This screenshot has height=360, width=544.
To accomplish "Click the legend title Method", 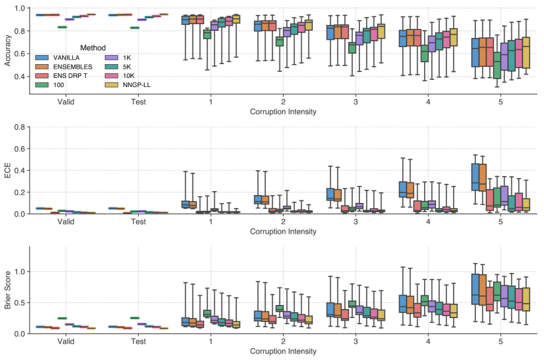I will tap(93, 47).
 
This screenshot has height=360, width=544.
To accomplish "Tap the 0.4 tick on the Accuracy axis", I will tap(19, 77).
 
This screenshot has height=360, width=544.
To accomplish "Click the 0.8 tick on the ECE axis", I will tap(19, 127).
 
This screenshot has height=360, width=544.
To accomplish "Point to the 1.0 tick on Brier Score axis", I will tap(19, 271).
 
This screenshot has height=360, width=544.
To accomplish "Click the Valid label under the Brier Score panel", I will tap(65, 342).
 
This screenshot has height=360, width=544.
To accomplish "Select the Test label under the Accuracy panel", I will tap(138, 103).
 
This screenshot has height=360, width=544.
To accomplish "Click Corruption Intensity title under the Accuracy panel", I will tap(283, 112).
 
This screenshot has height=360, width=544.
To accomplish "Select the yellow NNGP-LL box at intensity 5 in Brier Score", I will tap(525, 299).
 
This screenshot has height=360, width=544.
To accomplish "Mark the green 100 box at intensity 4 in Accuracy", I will tap(424, 53).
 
